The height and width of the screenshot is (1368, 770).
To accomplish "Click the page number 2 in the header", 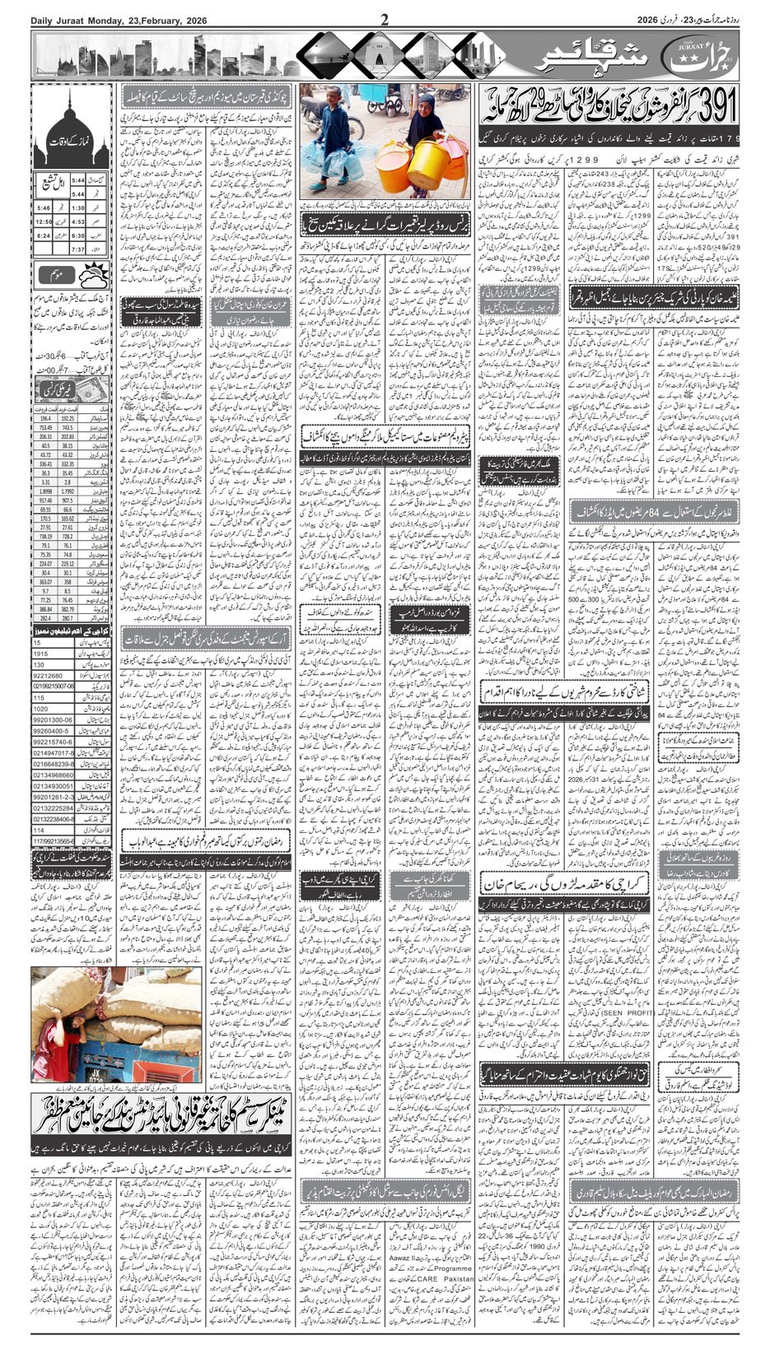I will click(385, 20).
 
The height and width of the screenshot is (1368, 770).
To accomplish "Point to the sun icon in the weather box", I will click(97, 274).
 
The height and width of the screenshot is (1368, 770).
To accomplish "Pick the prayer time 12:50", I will click(44, 221).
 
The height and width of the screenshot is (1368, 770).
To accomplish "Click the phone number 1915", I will click(41, 653).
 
